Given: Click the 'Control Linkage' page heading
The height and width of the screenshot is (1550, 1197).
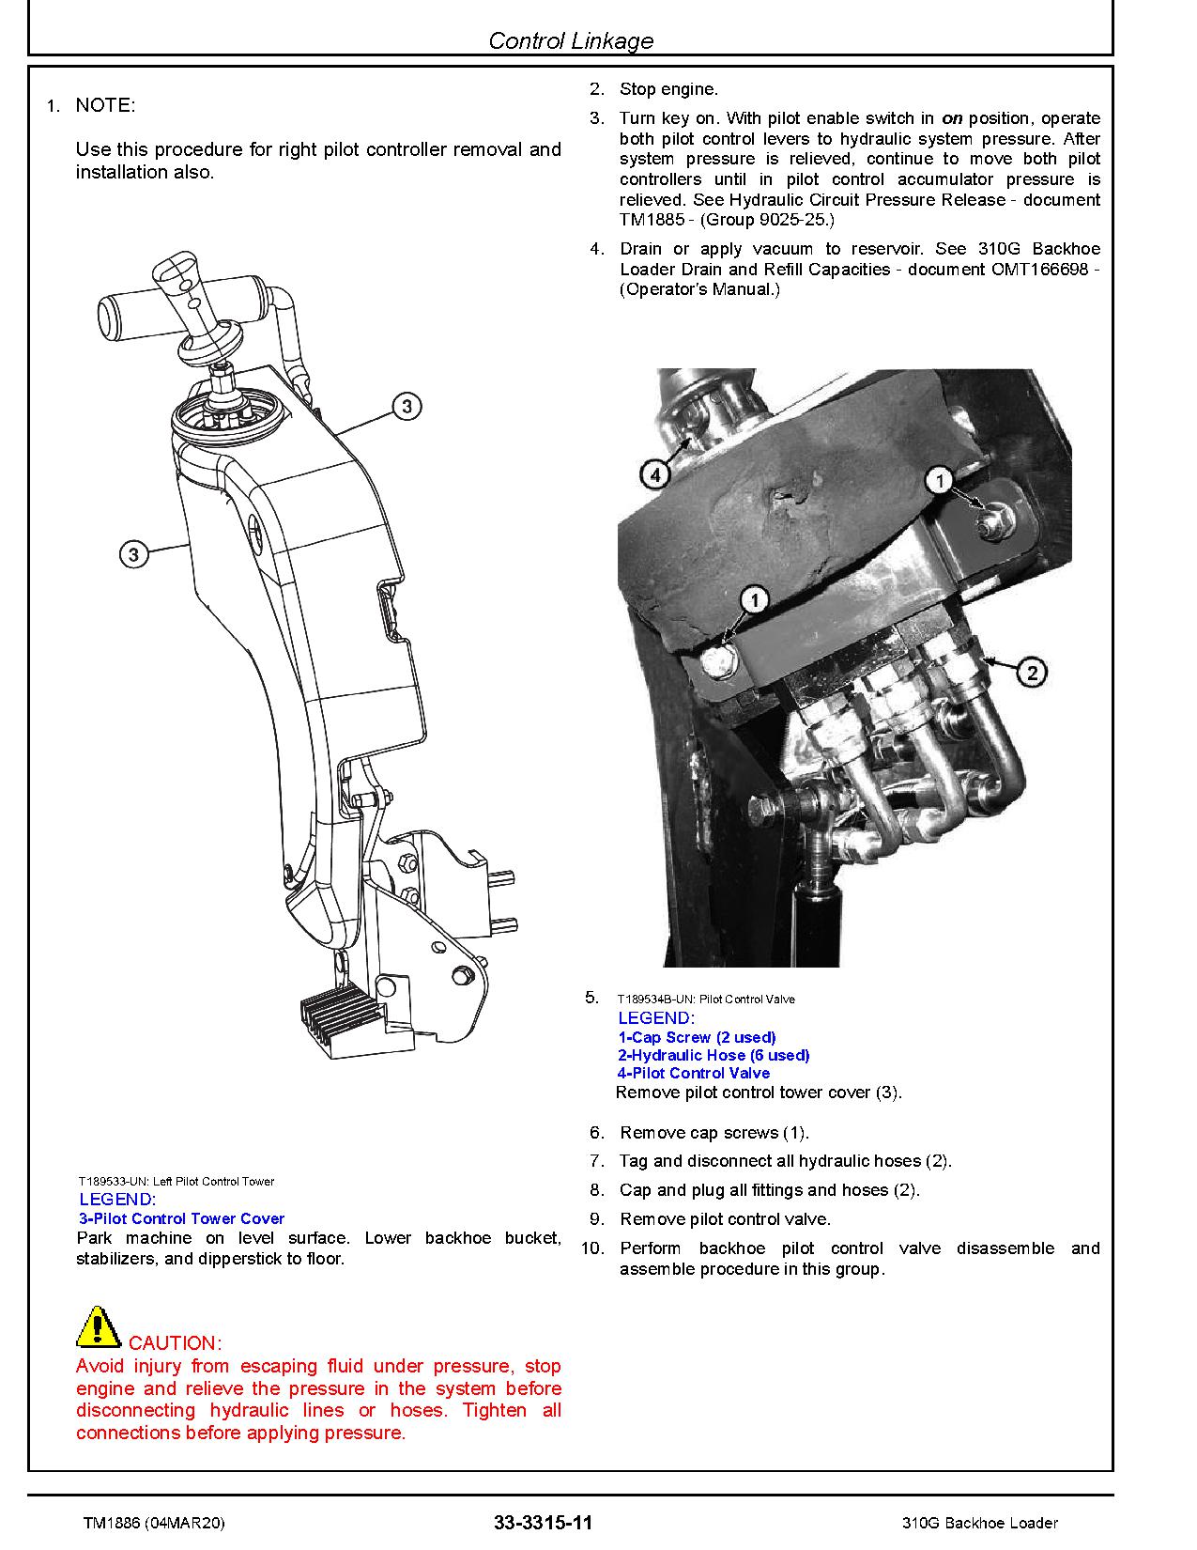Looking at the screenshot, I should pos(571,40).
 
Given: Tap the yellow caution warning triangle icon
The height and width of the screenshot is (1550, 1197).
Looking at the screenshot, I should pos(97,1325).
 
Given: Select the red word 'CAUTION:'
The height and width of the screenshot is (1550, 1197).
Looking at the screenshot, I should pos(175,1343).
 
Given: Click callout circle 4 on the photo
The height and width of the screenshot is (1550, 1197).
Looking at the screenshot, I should pos(655,474).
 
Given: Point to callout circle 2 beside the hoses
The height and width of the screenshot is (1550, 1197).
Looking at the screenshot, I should pos(1032,672).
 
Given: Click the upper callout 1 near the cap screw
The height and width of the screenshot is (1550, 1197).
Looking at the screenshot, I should pos(940,480).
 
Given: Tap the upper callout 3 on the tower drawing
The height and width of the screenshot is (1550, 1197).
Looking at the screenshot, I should pos(406,407).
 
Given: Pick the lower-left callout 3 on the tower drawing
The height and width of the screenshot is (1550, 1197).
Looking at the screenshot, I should pos(133,554).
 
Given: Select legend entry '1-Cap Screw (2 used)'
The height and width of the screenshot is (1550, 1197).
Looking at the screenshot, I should pos(697,1037).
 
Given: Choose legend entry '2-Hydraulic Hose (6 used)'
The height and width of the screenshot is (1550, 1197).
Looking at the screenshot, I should pos(714,1055).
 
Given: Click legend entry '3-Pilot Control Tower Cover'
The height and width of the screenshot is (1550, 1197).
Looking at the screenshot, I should pos(181,1218).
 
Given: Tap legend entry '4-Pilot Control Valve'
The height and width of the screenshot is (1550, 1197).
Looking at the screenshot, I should pos(694,1073).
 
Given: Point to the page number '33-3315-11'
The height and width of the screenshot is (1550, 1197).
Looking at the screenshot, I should pos(543,1523).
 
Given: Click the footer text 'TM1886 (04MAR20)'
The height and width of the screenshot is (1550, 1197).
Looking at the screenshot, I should pos(153,1523).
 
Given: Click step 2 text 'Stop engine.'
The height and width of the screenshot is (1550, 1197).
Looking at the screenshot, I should pos(668,89).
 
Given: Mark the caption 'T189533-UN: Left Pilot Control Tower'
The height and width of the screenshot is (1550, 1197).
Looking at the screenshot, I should pos(176,1181).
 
